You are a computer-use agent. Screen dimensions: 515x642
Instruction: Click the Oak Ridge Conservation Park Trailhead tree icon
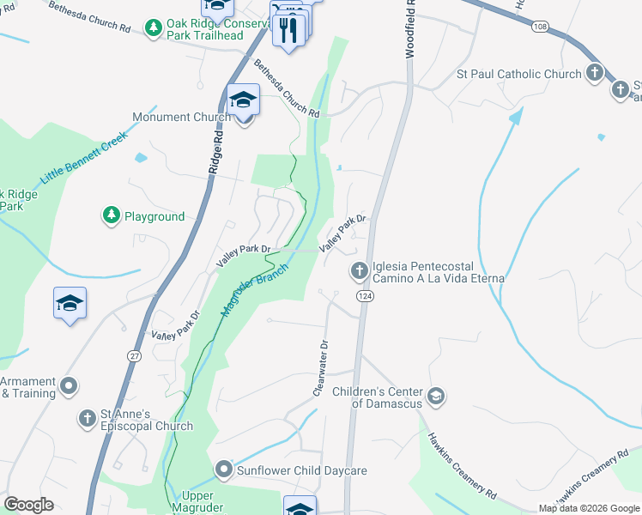pyautogui.click(x=154, y=28)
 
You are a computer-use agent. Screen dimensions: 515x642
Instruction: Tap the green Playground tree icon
pyautogui.click(x=111, y=216)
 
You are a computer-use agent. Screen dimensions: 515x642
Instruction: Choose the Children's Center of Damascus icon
pyautogui.click(x=437, y=396)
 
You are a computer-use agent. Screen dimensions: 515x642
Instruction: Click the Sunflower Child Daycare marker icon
pyautogui.click(x=224, y=470)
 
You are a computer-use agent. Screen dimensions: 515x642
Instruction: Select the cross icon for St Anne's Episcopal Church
pyautogui.click(x=87, y=418)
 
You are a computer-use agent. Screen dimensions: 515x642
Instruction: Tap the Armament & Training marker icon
pyautogui.click(x=69, y=385)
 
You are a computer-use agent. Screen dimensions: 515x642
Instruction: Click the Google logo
pyautogui.click(x=28, y=505)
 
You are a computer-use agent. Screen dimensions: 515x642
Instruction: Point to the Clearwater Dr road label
pyautogui.click(x=321, y=368)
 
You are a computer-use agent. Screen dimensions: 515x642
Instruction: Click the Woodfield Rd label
pyautogui.click(x=410, y=30)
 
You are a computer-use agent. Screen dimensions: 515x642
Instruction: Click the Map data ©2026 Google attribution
pyautogui.click(x=588, y=508)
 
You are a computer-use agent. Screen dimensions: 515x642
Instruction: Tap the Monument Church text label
pyautogui.click(x=180, y=117)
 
